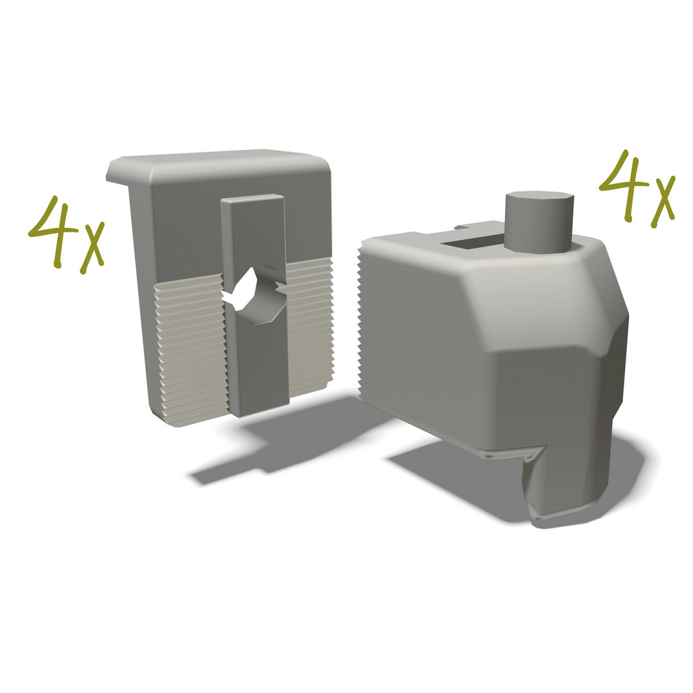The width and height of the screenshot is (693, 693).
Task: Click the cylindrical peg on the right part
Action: pos(539,222)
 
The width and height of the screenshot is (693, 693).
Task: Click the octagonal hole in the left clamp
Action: pos(254,295)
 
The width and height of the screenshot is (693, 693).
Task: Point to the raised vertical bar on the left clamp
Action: pos(255,305)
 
